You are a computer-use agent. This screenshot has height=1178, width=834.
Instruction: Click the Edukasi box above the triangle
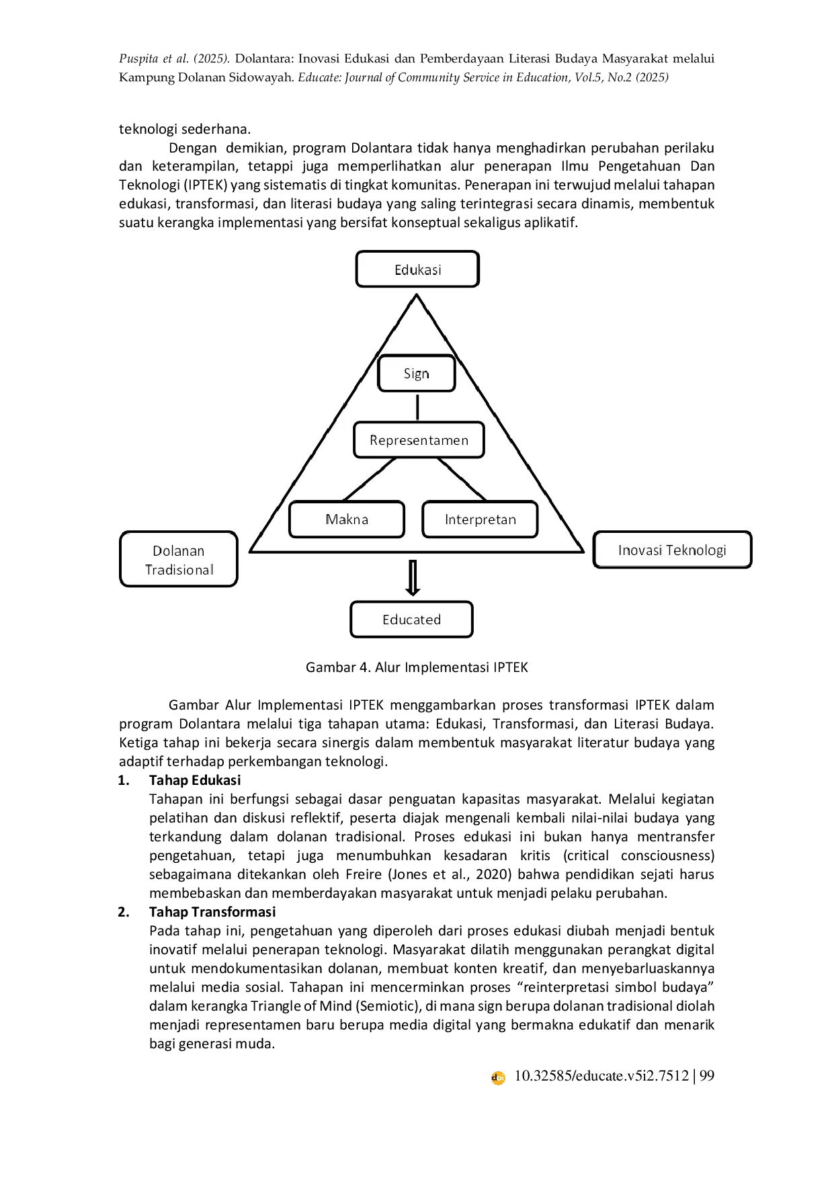pos(417,269)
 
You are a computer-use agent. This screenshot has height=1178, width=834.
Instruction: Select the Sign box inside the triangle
pos(417,374)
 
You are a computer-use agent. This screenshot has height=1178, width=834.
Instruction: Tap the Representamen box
pos(419,440)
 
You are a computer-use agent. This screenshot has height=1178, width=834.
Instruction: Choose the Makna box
pos(347,519)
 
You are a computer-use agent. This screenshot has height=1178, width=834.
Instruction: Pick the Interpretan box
pos(480,519)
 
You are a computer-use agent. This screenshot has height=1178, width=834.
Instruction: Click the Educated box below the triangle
pos(411,620)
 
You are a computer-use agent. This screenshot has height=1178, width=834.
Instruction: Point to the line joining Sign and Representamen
pos(417,407)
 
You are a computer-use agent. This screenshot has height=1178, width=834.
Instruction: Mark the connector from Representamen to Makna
pos(369,479)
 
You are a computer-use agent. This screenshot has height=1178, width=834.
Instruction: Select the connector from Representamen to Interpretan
pos(462,479)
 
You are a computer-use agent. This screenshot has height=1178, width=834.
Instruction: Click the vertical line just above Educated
pos(413,578)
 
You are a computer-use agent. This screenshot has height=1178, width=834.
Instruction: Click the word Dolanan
pos(178,551)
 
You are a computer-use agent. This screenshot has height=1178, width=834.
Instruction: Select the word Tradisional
pos(179,570)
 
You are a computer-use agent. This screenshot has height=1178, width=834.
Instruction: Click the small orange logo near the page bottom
pos(497,1078)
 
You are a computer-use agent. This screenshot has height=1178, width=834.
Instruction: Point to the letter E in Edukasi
pos(399,270)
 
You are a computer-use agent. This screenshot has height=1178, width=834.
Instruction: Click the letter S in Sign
pos(407,374)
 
